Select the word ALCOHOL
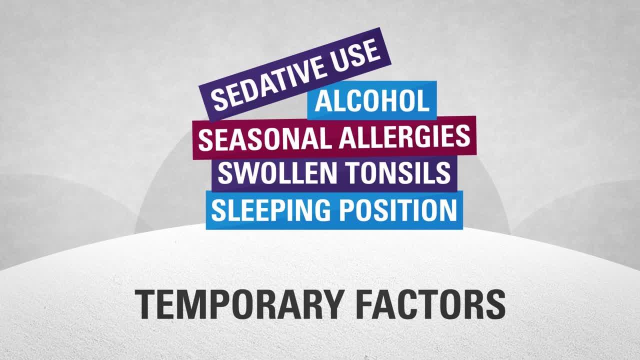(372, 101)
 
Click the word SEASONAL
(264, 138)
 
